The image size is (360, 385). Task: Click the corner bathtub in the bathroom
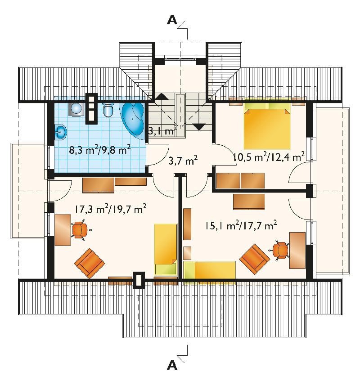[133, 119]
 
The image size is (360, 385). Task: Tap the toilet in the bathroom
[108, 110]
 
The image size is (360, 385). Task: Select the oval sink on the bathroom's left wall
[60, 132]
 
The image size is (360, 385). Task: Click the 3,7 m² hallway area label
[183, 161]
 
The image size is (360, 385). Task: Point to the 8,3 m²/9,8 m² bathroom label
[99, 150]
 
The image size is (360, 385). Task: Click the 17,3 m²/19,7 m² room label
[111, 209]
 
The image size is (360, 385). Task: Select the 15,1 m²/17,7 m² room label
[241, 225]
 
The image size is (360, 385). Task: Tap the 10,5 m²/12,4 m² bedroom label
[269, 157]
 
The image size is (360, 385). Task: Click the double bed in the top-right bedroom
[267, 124]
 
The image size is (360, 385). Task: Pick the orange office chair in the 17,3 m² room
[80, 230]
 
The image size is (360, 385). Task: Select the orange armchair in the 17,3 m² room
[90, 263]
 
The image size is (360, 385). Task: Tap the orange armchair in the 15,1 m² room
[255, 259]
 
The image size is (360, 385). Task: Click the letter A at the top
[172, 20]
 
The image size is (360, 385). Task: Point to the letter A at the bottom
[172, 365]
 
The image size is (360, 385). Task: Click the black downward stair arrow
[199, 127]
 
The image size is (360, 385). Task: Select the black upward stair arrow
[162, 96]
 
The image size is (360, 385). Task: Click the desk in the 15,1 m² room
[297, 250]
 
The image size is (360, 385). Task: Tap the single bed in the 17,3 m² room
[166, 249]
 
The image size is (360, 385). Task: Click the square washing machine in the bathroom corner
[76, 109]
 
